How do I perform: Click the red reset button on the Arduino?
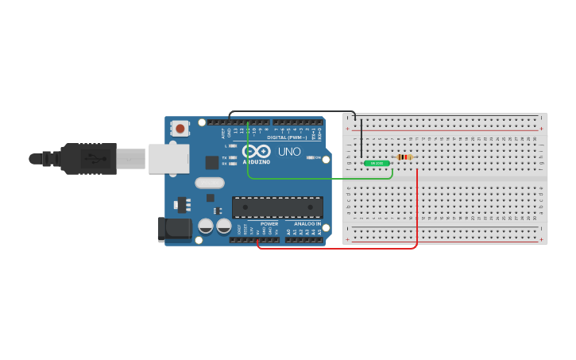(x=180, y=128)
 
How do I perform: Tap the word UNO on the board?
(x=289, y=152)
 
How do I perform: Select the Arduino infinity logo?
(x=257, y=151)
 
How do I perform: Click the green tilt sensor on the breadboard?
(x=377, y=163)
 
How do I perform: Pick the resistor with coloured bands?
(x=404, y=157)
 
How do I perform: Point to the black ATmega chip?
(x=277, y=207)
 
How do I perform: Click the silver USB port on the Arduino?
(x=168, y=158)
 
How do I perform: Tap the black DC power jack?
(x=174, y=230)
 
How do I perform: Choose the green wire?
(x=318, y=178)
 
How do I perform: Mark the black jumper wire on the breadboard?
(x=361, y=139)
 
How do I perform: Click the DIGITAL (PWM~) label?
(x=288, y=137)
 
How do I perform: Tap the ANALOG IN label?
(x=307, y=224)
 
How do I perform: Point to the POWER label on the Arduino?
(x=269, y=224)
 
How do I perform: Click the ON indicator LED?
(x=311, y=157)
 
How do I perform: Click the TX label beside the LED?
(x=224, y=157)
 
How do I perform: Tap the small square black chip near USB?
(x=212, y=162)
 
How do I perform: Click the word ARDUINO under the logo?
(x=257, y=161)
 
